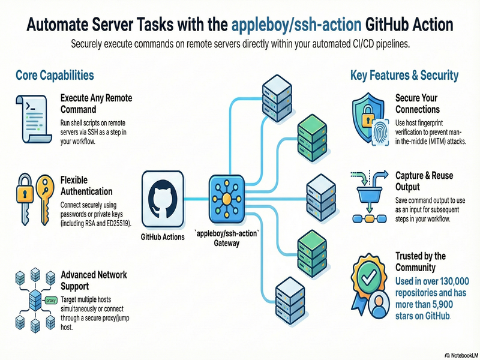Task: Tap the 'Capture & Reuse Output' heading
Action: click(x=424, y=181)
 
